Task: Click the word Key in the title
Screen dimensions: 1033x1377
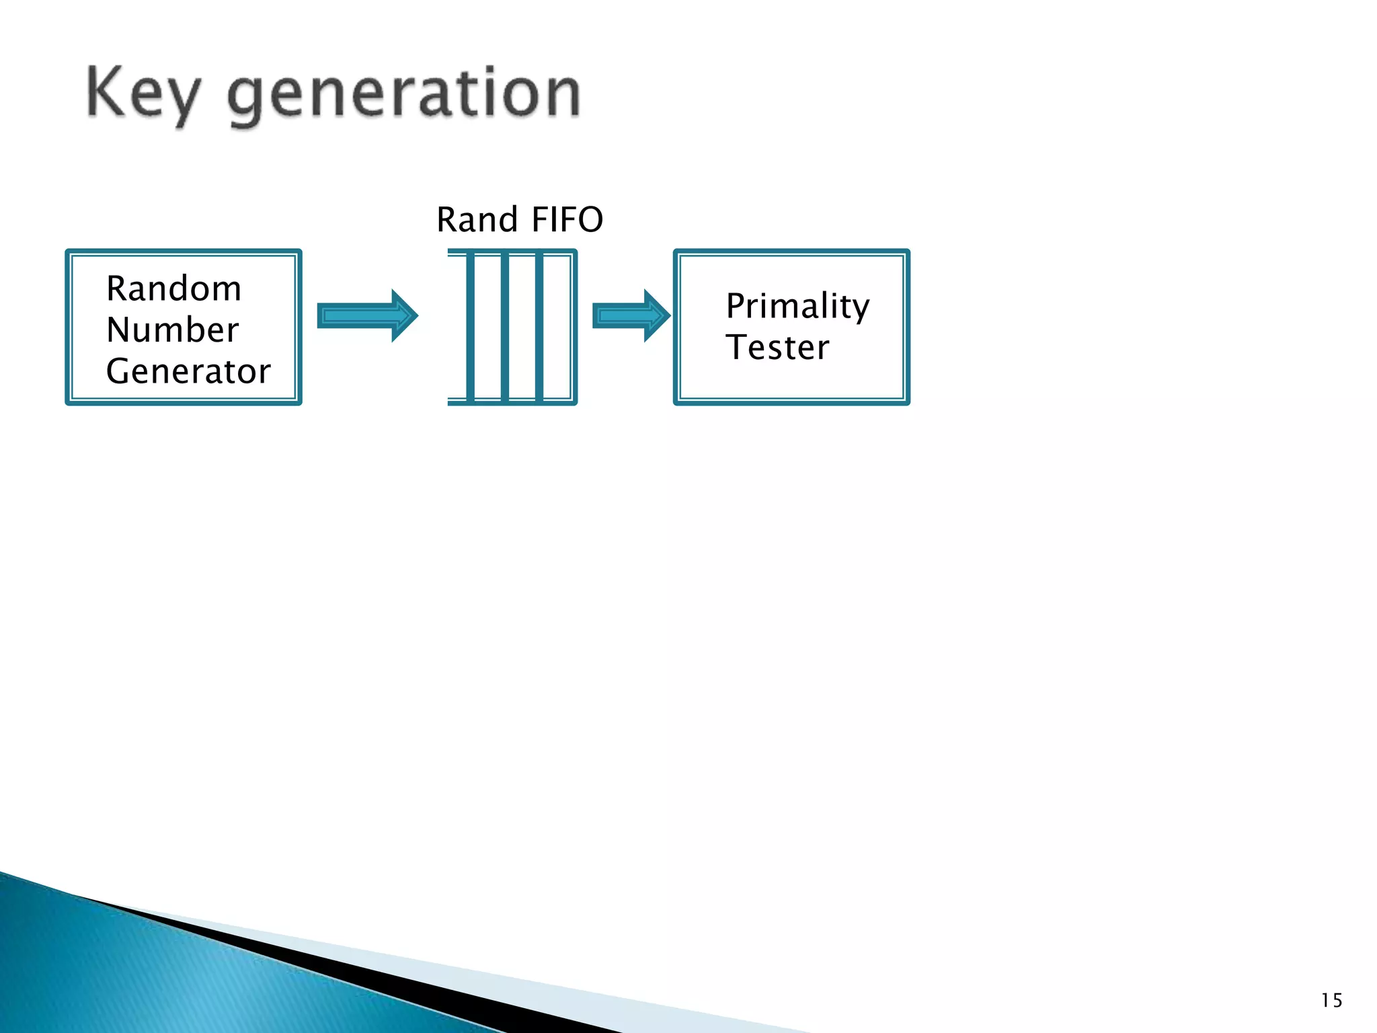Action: (x=143, y=94)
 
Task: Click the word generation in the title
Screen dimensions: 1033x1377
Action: (x=403, y=95)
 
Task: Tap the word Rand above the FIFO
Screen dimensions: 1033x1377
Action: (x=477, y=220)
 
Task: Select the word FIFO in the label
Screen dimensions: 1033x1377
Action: (x=567, y=220)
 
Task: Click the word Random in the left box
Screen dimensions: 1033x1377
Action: (x=173, y=289)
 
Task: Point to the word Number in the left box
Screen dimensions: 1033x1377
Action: (x=172, y=330)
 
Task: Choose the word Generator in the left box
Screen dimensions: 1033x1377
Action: (x=188, y=371)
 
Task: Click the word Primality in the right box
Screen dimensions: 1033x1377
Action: (x=797, y=307)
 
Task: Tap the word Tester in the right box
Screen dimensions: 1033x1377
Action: (x=777, y=348)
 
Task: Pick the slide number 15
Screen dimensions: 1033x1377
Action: (x=1331, y=1001)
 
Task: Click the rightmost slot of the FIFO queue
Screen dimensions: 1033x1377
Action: (x=557, y=327)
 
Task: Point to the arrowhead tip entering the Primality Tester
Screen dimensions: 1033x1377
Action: (x=668, y=315)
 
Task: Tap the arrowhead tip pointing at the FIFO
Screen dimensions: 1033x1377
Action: (x=416, y=315)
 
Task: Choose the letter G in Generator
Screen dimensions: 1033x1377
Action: (x=118, y=371)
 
